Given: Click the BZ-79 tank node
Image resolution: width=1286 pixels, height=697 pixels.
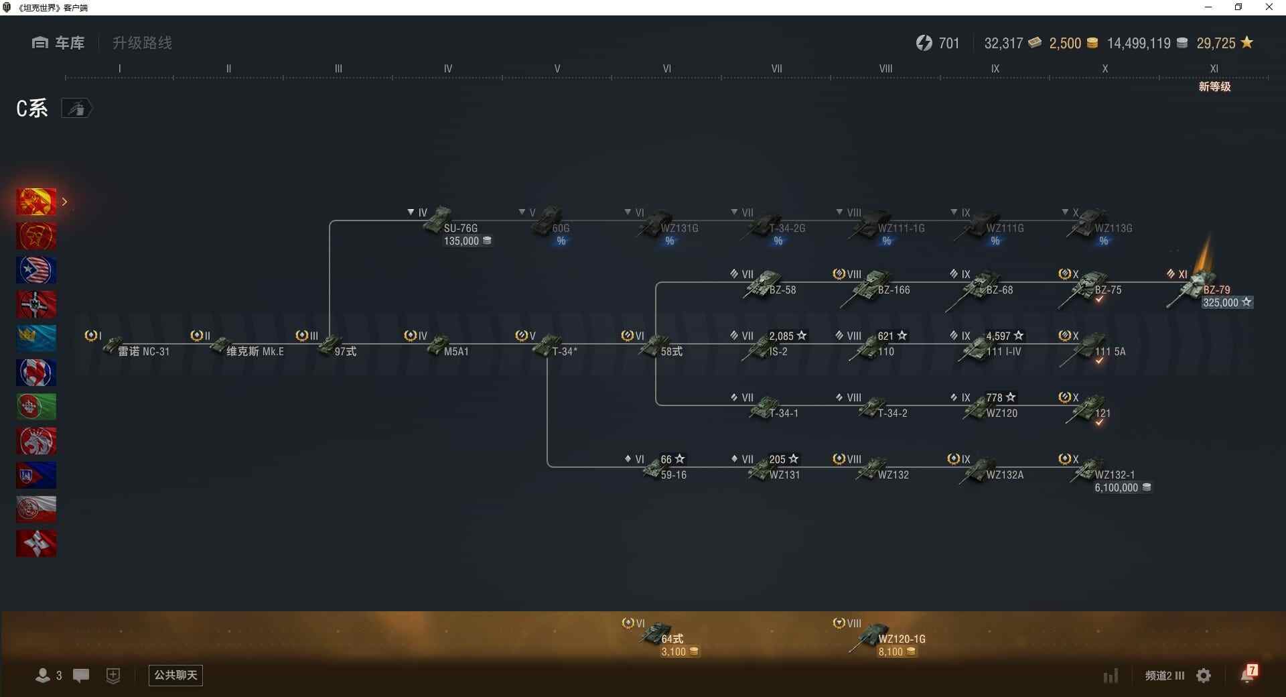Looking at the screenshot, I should point(1199,288).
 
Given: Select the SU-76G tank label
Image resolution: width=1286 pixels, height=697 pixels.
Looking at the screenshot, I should point(460,229).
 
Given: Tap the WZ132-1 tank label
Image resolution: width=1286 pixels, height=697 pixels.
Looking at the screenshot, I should point(1115,475).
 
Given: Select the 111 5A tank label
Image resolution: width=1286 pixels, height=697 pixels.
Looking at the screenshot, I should point(1110,352).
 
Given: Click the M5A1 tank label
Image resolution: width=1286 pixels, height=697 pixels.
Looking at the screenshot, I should point(455,352).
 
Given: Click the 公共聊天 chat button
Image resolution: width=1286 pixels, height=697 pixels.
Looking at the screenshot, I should point(175,675).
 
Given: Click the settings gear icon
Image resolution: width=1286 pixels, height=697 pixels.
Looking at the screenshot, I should point(1204,676).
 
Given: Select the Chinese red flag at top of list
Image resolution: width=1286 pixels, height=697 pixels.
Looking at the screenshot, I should point(36,202).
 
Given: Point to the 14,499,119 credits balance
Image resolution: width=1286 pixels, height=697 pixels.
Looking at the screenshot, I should point(1139,44).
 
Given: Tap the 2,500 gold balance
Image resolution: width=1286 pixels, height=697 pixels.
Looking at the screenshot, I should point(1065,44).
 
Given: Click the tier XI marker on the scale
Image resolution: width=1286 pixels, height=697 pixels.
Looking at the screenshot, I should point(1214,69).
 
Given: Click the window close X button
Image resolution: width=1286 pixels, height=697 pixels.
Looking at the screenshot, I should point(1269,7).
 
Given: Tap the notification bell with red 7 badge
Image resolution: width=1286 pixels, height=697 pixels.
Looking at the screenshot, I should point(1248,674).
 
